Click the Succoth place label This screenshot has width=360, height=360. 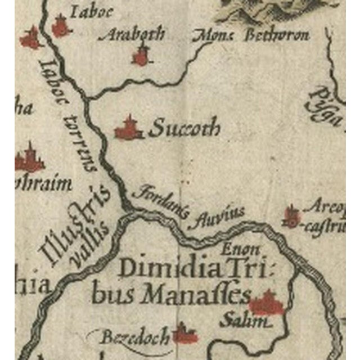tap(184, 129)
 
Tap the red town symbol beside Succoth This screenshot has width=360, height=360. tap(129, 129)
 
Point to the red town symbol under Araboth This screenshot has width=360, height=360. tap(141, 56)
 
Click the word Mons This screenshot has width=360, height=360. tap(214, 35)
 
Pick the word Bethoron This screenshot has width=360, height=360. tap(277, 35)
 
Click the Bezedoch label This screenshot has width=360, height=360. tap(135, 338)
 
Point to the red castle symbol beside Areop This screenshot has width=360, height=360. tap(291, 217)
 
